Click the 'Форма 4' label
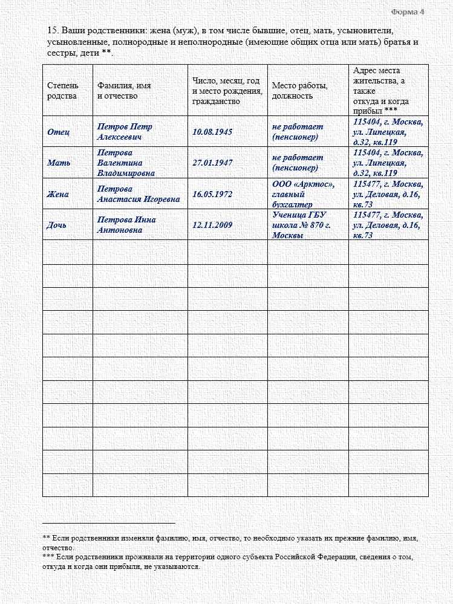pyautogui.click(x=408, y=11)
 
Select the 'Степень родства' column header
pyautogui.click(x=62, y=91)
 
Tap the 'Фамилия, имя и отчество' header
pyautogui.click(x=124, y=91)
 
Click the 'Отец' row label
pyautogui.click(x=58, y=132)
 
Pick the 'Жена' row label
pyautogui.click(x=58, y=194)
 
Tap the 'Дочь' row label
pyautogui.click(x=57, y=225)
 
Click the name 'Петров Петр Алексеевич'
pyautogui.click(x=125, y=132)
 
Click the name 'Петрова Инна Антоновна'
pyautogui.click(x=126, y=225)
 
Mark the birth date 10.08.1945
pyautogui.click(x=212, y=132)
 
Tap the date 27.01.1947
pyautogui.click(x=212, y=163)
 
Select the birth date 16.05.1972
pyautogui.click(x=212, y=194)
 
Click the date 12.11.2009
pyautogui.click(x=212, y=225)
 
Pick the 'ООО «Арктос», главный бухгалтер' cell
pyautogui.click(x=303, y=194)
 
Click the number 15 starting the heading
pyautogui.click(x=51, y=30)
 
